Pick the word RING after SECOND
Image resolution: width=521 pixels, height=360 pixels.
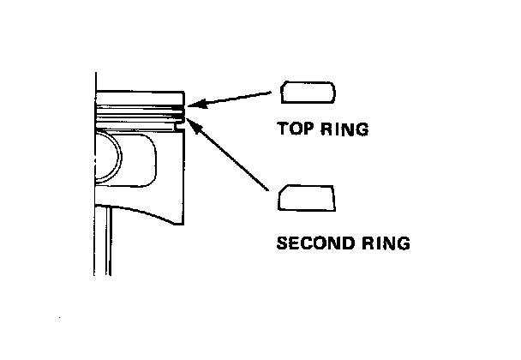pyautogui.click(x=381, y=243)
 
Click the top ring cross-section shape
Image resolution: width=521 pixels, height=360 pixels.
pyautogui.click(x=307, y=93)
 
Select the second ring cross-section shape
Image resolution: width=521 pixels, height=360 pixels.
pyautogui.click(x=306, y=198)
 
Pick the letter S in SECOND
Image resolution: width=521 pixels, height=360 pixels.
pyautogui.click(x=283, y=243)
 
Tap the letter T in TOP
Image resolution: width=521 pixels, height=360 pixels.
pyautogui.click(x=283, y=130)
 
